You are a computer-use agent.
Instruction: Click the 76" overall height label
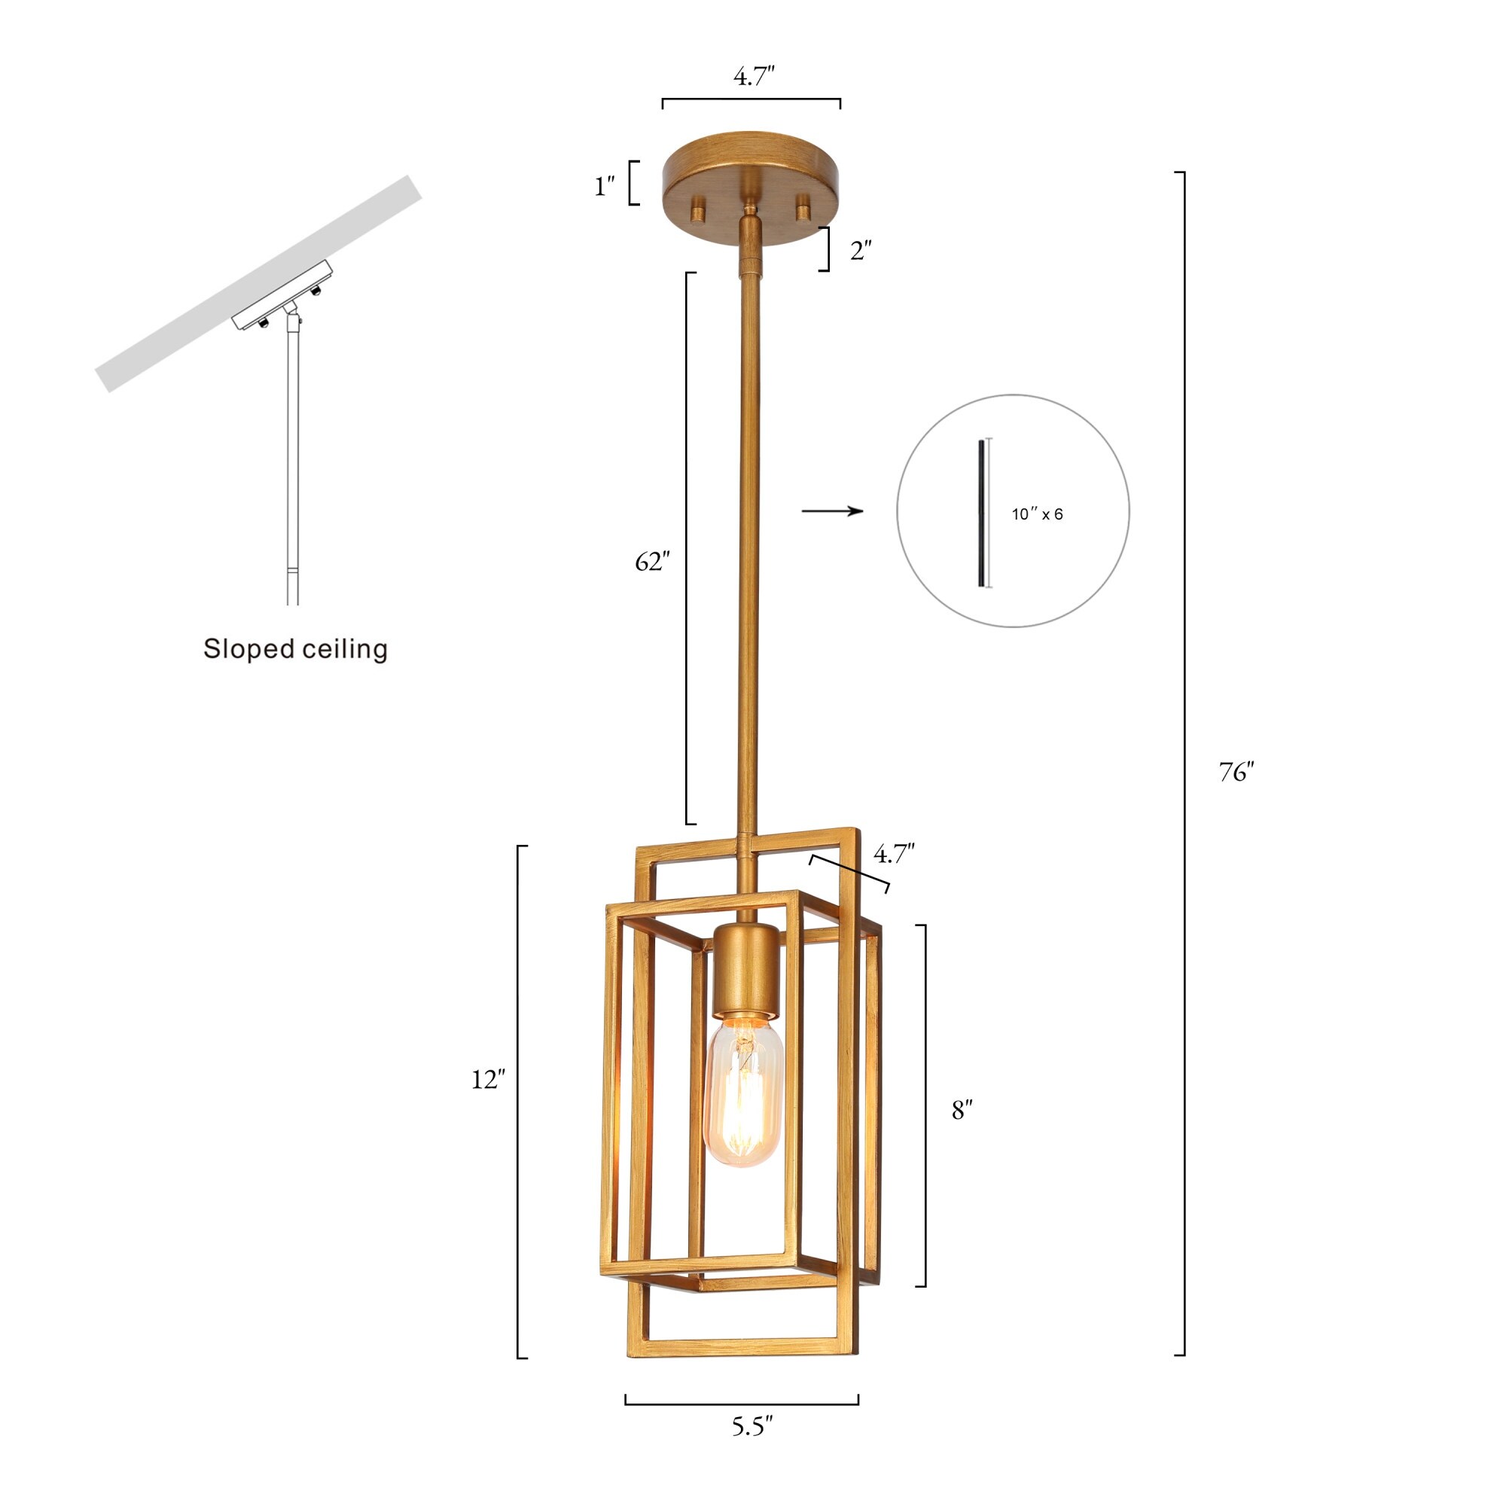pos(1236,772)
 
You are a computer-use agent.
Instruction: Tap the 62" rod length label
pos(651,561)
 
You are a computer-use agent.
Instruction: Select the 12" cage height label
pos(488,1079)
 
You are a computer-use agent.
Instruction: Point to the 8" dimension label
pos(962,1110)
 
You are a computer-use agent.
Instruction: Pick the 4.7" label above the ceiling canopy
pos(754,76)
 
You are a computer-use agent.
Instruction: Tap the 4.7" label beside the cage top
pos(893,855)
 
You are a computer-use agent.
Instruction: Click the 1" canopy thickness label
pos(605,186)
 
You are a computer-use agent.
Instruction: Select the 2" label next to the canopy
pos(861,251)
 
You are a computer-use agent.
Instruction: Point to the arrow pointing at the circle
pos(832,511)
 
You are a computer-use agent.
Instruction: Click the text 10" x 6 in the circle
pos(1037,514)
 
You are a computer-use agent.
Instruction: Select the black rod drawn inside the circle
pos(981,513)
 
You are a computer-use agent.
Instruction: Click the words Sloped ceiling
pos(295,648)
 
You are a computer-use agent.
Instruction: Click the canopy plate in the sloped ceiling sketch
pos(282,294)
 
